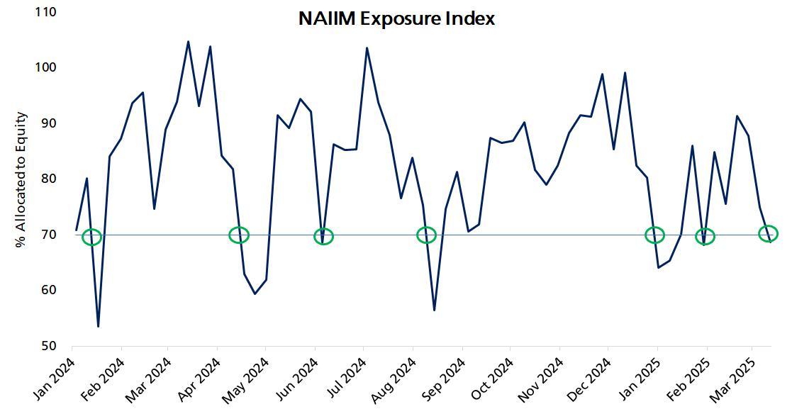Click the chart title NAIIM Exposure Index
(x=396, y=18)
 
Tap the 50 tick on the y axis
(x=52, y=346)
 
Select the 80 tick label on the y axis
(x=52, y=179)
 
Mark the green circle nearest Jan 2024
(x=92, y=237)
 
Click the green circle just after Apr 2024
(x=240, y=235)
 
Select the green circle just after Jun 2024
(x=323, y=236)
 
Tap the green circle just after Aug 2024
(x=426, y=235)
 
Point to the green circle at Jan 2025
(x=655, y=235)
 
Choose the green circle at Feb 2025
(x=705, y=236)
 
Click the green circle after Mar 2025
(x=768, y=233)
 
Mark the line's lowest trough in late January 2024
(x=98, y=326)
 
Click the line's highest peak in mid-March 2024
(x=188, y=41)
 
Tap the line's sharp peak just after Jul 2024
(x=367, y=48)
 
